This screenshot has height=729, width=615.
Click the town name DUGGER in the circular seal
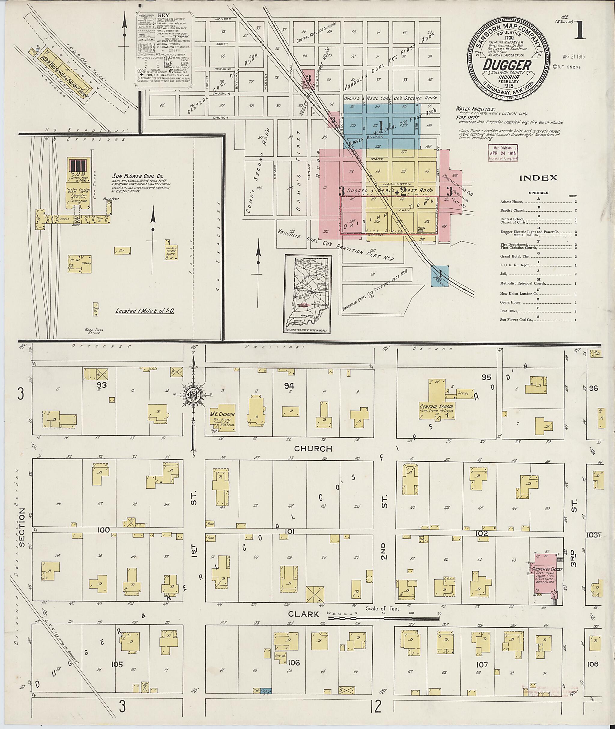[x=507, y=65]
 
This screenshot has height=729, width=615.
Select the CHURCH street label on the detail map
[x=313, y=449]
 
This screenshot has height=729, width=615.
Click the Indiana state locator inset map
[x=307, y=293]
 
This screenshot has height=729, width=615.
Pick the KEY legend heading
[x=163, y=16]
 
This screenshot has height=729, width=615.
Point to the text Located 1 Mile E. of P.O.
[x=145, y=311]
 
